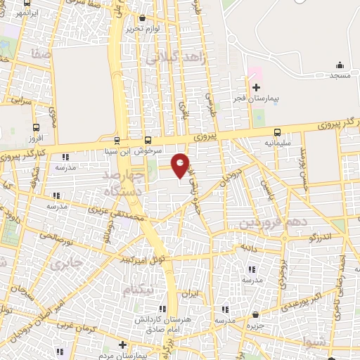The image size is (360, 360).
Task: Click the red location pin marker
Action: pyautogui.click(x=181, y=165)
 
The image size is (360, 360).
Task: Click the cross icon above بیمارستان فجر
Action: pyautogui.click(x=257, y=88)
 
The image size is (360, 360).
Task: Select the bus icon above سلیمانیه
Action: pyautogui.click(x=277, y=131)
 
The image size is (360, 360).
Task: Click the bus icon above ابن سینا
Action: pyautogui.click(x=116, y=139)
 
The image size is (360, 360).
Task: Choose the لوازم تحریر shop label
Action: pyautogui.click(x=143, y=29)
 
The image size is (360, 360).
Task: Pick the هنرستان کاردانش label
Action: pyautogui.click(x=158, y=319)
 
